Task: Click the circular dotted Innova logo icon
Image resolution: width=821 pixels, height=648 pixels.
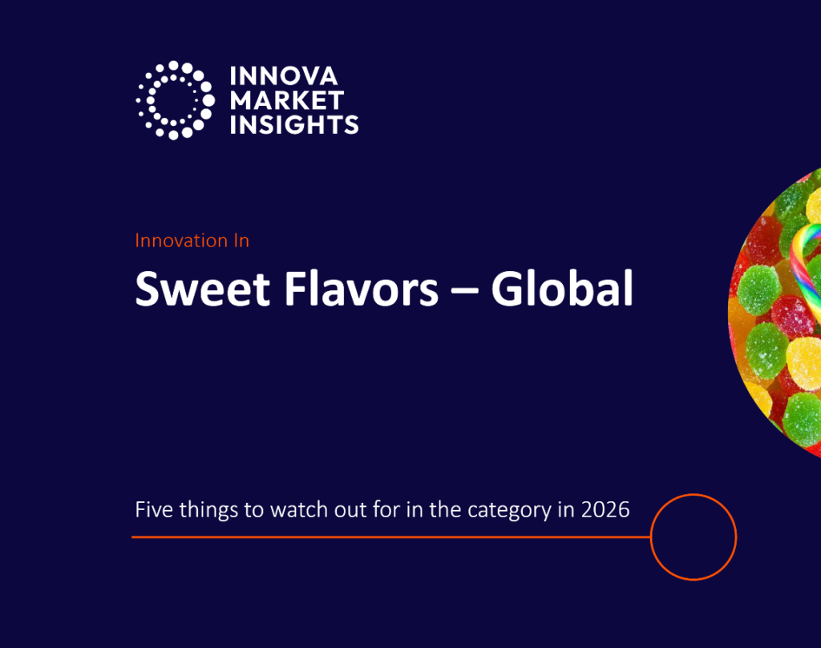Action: [x=175, y=99]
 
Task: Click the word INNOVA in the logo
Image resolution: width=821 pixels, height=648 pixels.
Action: [x=284, y=77]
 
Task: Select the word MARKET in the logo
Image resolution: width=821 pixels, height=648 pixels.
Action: [x=287, y=100]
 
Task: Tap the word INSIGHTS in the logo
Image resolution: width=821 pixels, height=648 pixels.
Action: [x=294, y=124]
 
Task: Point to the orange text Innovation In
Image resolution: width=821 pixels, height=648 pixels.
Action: [x=192, y=241]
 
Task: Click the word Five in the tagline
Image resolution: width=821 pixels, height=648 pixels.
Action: [x=151, y=509]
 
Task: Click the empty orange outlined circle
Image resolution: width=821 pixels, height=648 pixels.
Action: [x=693, y=537]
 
